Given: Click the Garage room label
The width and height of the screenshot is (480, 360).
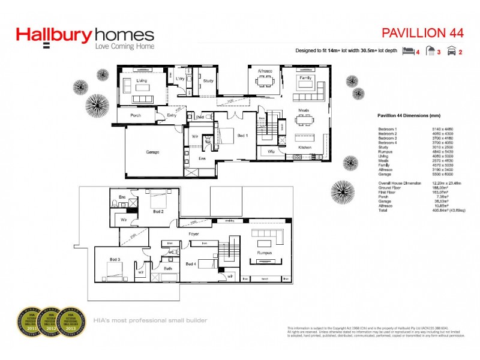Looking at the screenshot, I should coord(152,153).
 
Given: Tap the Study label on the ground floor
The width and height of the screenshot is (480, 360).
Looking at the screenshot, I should coord(208,80).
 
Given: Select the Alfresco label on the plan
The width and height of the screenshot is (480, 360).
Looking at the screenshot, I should coord(265,71).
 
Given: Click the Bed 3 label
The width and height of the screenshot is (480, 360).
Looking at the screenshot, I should coord(115,259).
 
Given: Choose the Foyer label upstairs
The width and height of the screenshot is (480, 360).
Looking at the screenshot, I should coord(193,233).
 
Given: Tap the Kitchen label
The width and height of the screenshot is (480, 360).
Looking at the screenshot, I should coord(305,147).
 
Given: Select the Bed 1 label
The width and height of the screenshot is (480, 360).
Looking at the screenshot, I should coord(242,136).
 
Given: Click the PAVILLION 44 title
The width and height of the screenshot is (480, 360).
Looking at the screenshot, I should coord(422,32).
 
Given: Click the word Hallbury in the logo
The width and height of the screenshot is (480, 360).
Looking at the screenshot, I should coord(54,35).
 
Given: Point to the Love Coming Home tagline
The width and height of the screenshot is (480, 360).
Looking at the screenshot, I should coord(125,46).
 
